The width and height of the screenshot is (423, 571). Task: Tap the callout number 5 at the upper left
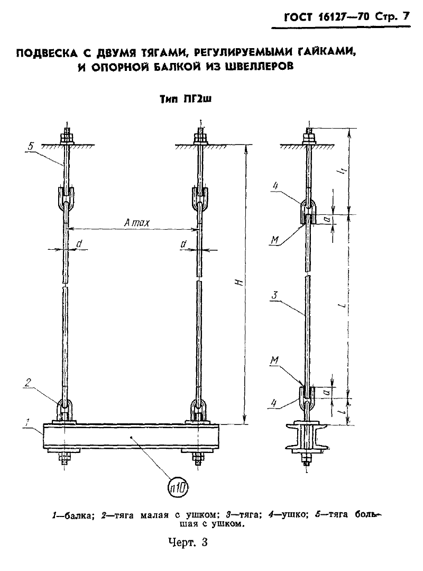[31, 147]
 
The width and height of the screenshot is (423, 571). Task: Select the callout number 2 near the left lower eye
[28, 382]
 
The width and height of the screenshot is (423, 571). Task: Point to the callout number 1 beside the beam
[27, 422]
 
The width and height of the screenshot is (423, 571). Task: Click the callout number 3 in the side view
[275, 295]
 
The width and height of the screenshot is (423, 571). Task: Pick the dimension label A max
[136, 222]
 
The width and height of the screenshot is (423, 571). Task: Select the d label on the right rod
[183, 244]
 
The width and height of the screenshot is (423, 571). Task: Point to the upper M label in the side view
[275, 240]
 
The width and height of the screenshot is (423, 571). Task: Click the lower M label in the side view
[275, 360]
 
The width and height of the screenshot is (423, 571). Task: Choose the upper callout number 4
[275, 186]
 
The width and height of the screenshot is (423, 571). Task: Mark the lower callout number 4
[274, 403]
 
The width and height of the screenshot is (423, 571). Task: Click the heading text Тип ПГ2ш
[186, 99]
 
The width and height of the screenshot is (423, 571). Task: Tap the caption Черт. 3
[188, 542]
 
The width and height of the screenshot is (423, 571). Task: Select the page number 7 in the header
[406, 17]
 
